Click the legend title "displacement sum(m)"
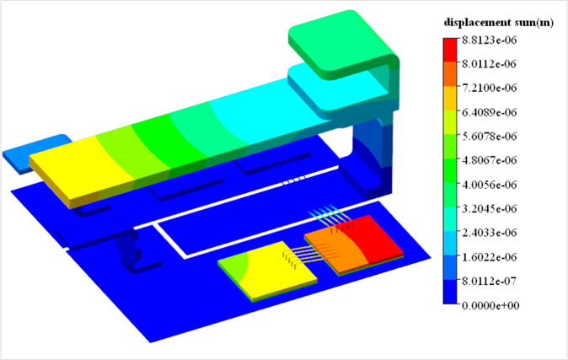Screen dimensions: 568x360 coord(498,23)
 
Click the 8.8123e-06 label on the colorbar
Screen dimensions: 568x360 coord(489,40)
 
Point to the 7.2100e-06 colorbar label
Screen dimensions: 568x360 coord(489,88)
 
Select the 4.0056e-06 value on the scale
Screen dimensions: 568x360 coord(489,185)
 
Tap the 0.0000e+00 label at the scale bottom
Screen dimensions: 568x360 coord(490,305)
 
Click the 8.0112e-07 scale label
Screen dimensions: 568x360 coord(489,282)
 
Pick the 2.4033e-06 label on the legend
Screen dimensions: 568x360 coord(489,233)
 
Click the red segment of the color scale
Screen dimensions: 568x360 coord(450,50)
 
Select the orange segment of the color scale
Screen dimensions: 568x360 coord(450,74)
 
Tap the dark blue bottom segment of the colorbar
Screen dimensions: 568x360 coord(450,292)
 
